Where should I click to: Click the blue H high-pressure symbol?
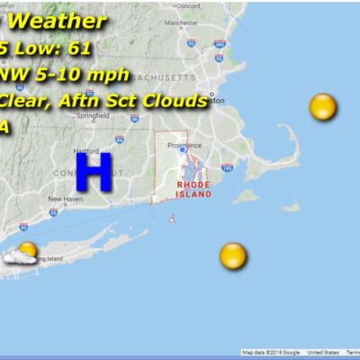pos(94,171)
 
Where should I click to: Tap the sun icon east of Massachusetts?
pos(322,108)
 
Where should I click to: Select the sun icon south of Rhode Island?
pos(232,255)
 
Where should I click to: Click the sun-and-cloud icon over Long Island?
pos(22,254)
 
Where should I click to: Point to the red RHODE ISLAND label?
pos(193,189)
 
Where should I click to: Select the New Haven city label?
pos(65,200)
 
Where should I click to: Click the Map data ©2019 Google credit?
pos(271,353)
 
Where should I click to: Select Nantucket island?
pos(290,206)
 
